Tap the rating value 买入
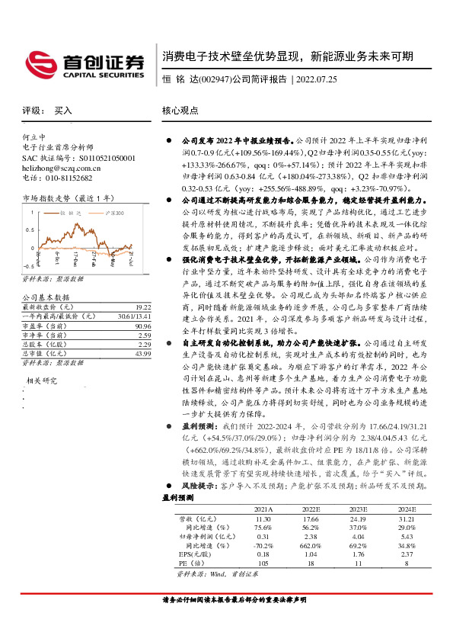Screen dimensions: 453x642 coord(63,111)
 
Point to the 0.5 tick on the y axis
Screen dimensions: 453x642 coord(28,232)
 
